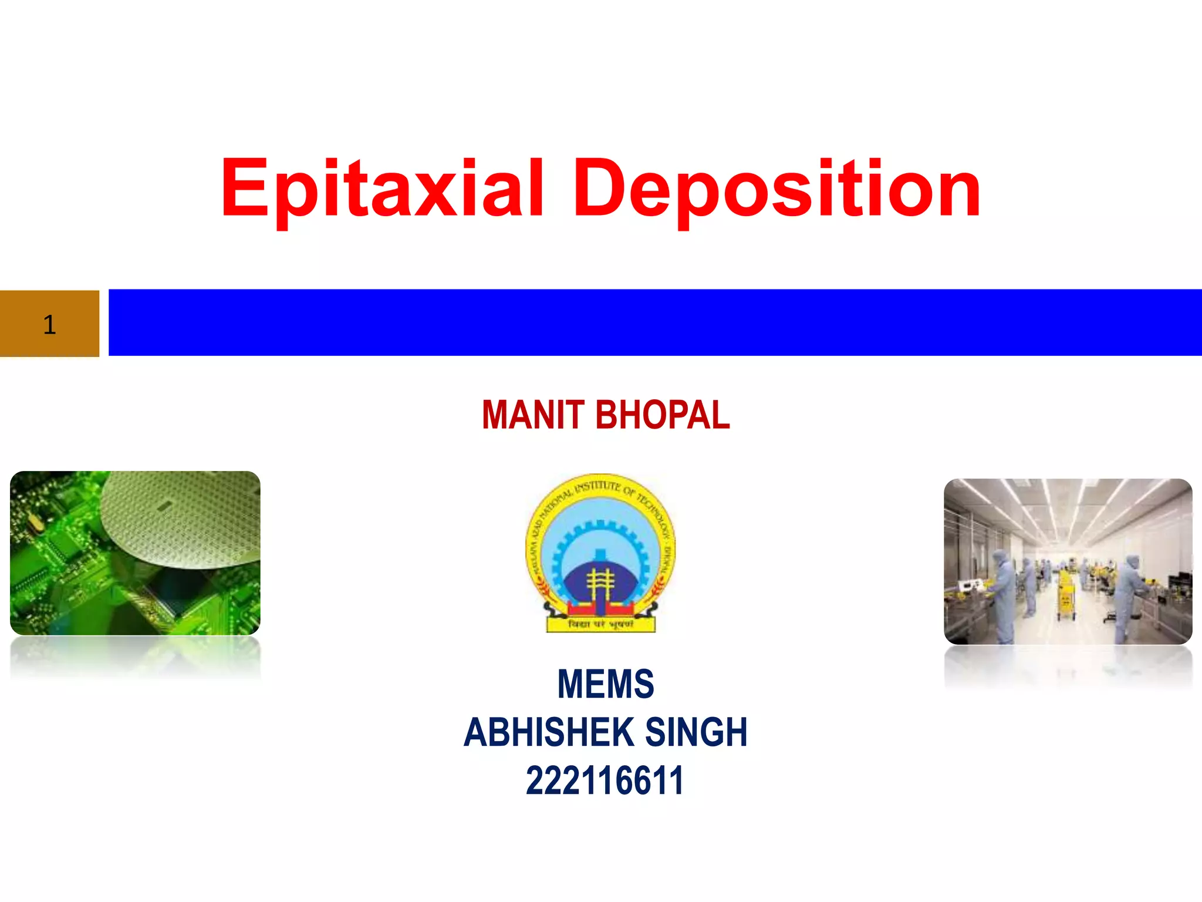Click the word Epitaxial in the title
(381, 189)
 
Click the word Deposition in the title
(776, 189)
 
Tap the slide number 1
(49, 325)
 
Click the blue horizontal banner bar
(654, 322)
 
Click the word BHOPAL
(663, 415)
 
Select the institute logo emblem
(600, 553)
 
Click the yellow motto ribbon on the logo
(600, 624)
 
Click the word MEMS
(605, 684)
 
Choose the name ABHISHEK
(549, 732)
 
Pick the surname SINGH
(696, 732)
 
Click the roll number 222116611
(605, 781)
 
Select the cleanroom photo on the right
(1068, 561)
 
